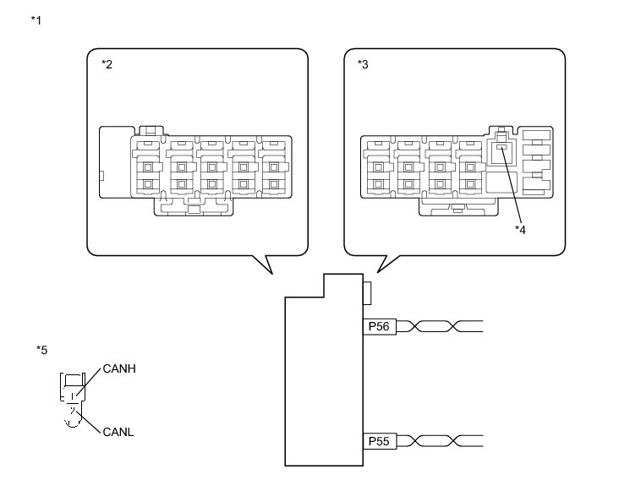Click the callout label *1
(36, 19)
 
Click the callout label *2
(107, 65)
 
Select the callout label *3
(364, 65)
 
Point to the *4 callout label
(521, 229)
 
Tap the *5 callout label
(42, 350)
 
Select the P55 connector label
(378, 440)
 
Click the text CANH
(119, 369)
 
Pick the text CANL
(118, 432)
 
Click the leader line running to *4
(511, 186)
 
